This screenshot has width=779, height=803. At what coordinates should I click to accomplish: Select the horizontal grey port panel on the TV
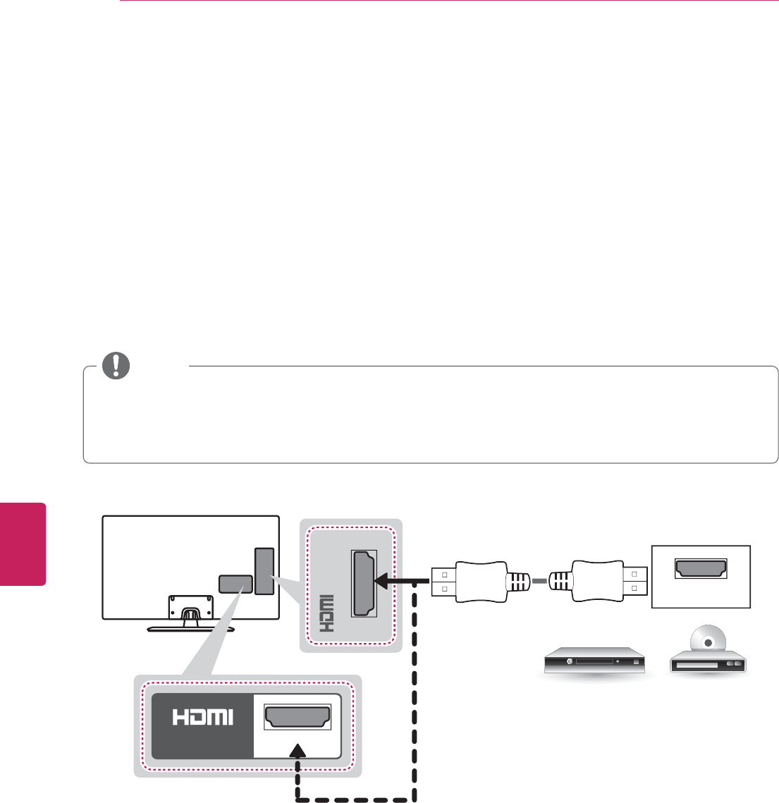235,584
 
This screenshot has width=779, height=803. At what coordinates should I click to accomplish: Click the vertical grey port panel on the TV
264,571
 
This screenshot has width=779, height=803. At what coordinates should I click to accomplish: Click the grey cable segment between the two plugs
539,581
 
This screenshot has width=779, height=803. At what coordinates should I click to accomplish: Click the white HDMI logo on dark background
202,717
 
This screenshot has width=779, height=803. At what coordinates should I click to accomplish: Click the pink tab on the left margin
23,544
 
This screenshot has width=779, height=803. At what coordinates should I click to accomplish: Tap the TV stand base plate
189,627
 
